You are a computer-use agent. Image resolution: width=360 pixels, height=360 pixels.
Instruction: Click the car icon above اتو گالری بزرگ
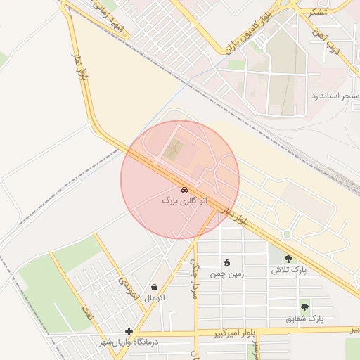click(x=184, y=190)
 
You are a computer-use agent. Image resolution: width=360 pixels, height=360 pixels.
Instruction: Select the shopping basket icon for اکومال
click(x=154, y=287)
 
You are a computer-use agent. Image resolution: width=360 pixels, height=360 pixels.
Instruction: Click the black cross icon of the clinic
click(x=129, y=331)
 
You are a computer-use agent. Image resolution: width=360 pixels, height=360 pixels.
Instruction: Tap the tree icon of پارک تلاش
click(x=289, y=258)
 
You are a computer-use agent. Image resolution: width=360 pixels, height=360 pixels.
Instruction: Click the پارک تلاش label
click(x=289, y=270)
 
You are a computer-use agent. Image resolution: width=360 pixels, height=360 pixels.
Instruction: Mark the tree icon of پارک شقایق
click(x=304, y=307)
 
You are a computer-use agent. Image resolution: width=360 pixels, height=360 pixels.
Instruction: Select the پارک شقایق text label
click(x=305, y=319)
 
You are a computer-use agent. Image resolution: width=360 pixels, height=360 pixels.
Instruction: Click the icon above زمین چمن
click(x=226, y=262)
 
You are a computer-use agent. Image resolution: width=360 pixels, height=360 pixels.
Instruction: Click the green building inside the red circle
click(x=174, y=148)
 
